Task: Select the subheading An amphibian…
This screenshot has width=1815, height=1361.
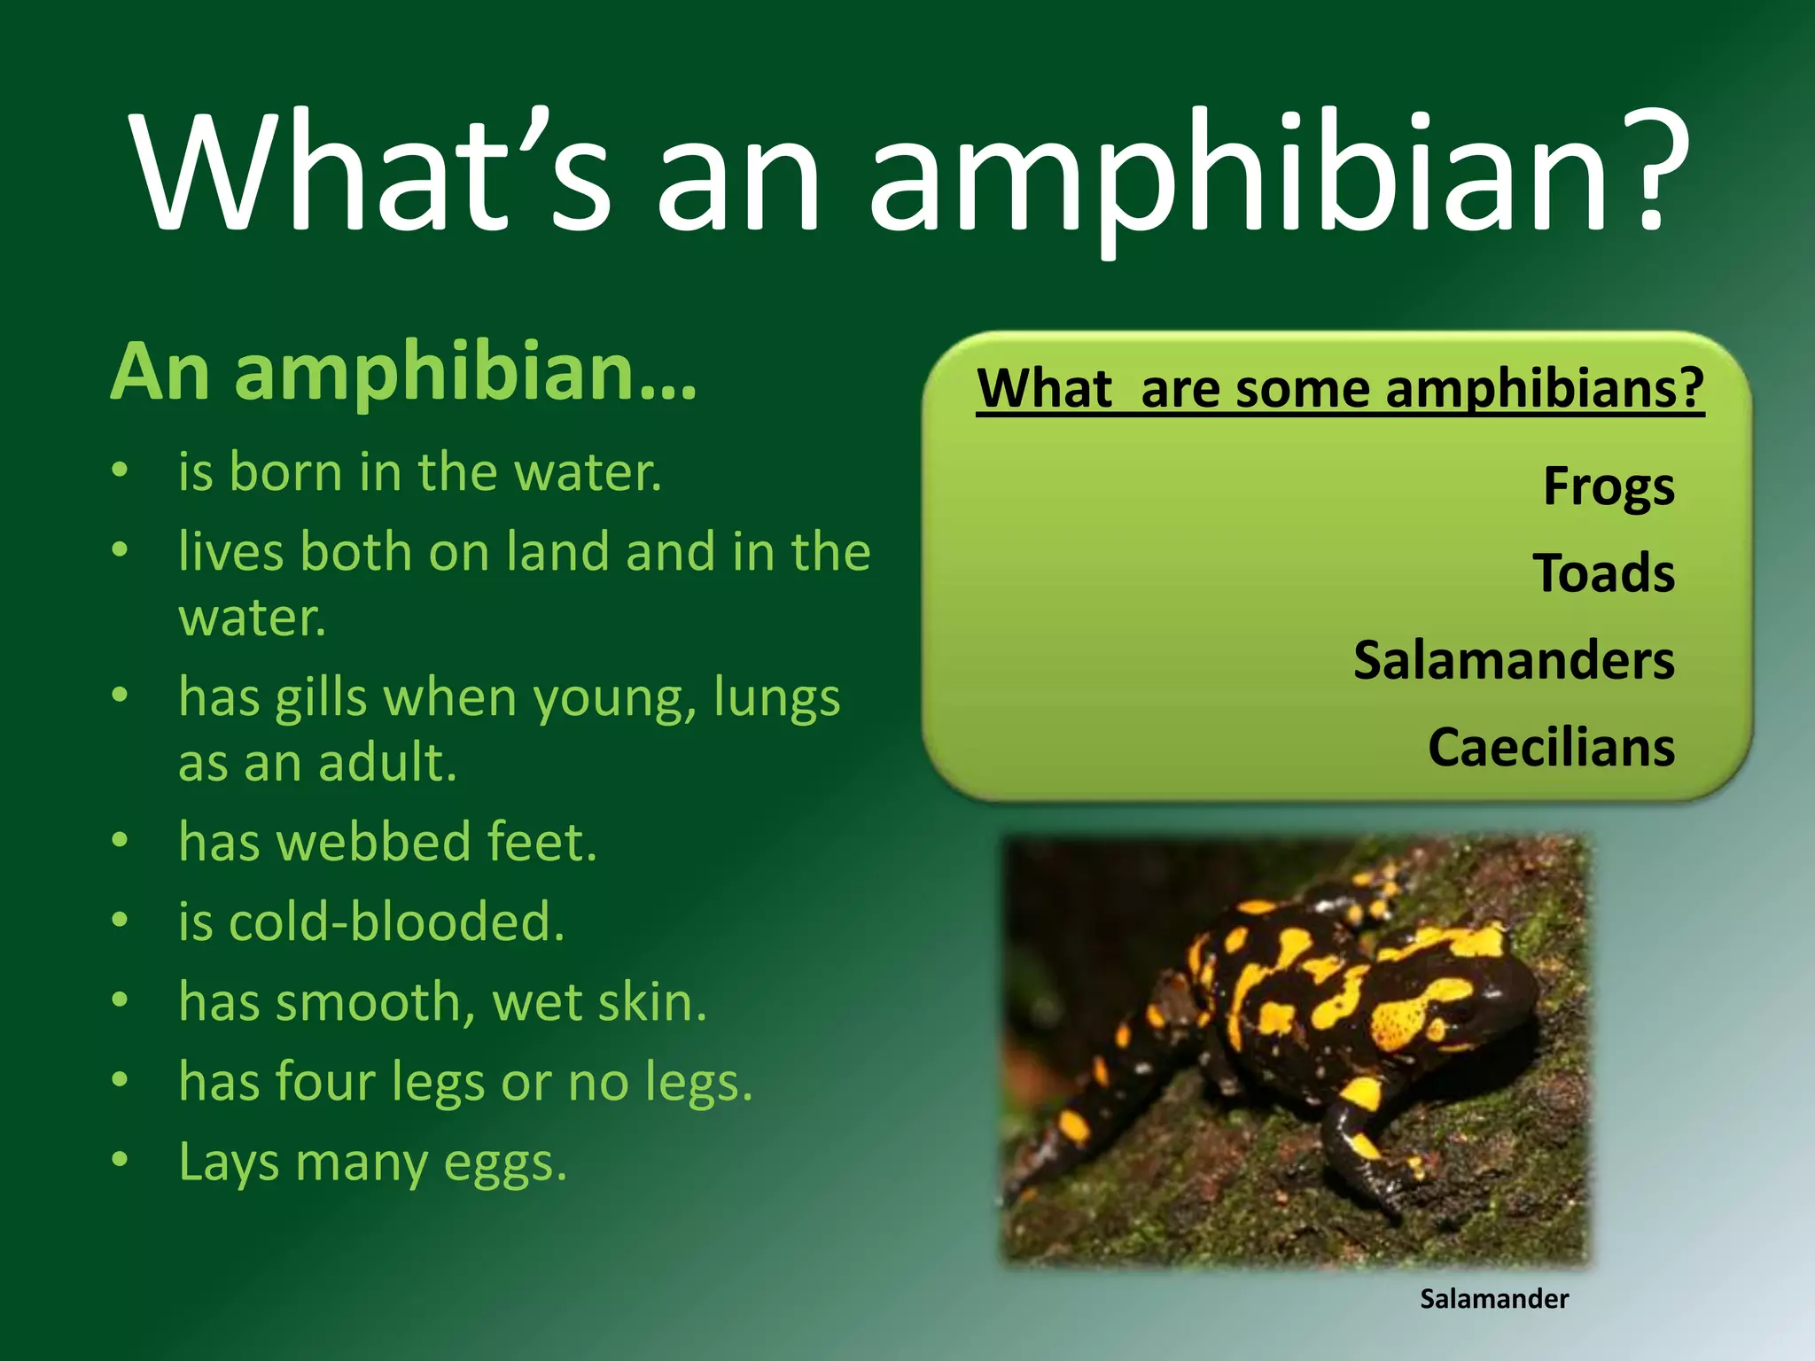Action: point(403,372)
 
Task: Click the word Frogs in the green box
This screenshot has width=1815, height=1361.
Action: point(1609,487)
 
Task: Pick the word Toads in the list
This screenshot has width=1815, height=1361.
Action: point(1603,573)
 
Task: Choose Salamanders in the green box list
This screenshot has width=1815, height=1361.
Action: point(1514,661)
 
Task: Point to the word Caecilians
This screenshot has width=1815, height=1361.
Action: point(1551,748)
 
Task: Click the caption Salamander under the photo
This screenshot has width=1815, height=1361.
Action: point(1493,1299)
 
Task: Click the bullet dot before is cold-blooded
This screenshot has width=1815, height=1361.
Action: point(121,920)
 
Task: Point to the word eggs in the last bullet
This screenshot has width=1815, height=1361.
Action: point(502,1164)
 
